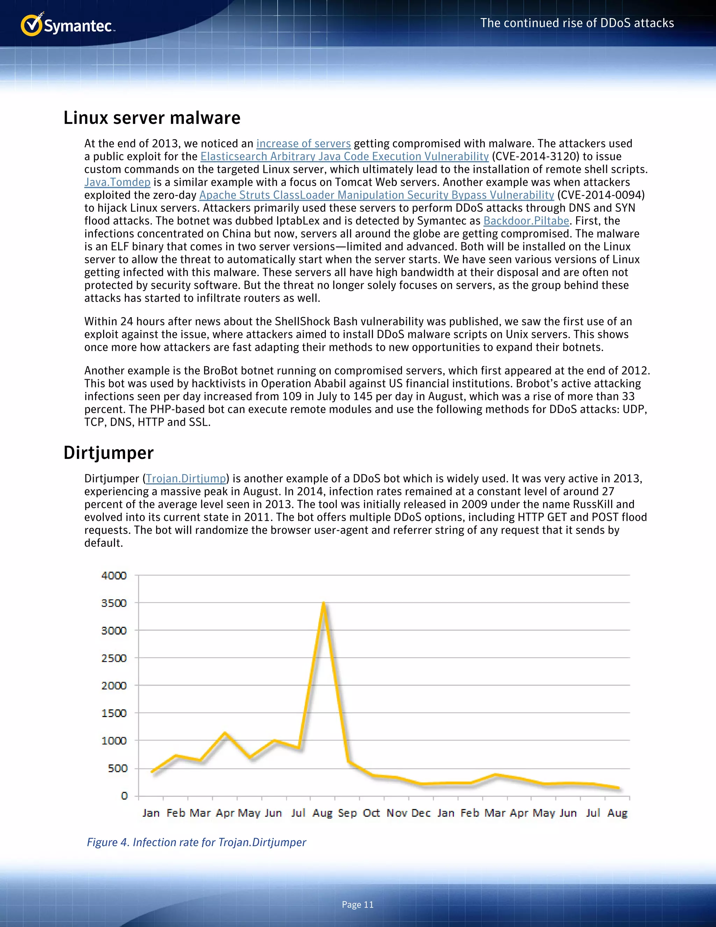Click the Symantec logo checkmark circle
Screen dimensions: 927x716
click(x=31, y=26)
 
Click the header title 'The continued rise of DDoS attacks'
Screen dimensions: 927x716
click(x=577, y=23)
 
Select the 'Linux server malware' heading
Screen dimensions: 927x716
click(x=152, y=118)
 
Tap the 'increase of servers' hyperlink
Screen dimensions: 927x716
click(x=303, y=143)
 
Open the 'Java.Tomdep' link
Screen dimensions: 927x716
click(x=117, y=182)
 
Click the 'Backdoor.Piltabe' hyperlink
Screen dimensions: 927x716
click(x=526, y=221)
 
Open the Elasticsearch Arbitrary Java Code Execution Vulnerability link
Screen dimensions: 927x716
click(x=344, y=156)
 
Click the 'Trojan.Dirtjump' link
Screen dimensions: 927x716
click(x=186, y=478)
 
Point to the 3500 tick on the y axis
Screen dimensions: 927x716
click(x=114, y=603)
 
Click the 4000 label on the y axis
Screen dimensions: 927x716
click(x=114, y=575)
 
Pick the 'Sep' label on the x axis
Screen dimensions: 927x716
click(x=348, y=813)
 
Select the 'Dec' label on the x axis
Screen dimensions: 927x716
click(x=421, y=813)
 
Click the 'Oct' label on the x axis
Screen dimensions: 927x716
click(x=372, y=813)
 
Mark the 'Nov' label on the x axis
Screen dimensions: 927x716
click(x=396, y=813)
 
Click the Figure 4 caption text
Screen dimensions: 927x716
click(x=196, y=842)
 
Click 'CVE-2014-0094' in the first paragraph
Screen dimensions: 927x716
click(x=601, y=195)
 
